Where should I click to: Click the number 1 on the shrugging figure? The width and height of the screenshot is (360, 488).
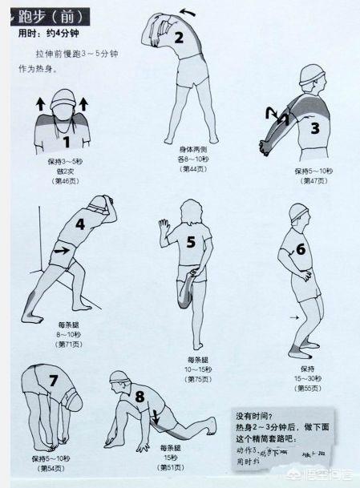(x=67, y=143)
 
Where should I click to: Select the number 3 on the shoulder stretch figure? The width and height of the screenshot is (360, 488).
(x=314, y=127)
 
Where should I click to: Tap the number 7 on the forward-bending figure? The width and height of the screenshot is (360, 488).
(x=54, y=381)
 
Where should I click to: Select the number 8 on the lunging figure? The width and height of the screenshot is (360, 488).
(x=140, y=395)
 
